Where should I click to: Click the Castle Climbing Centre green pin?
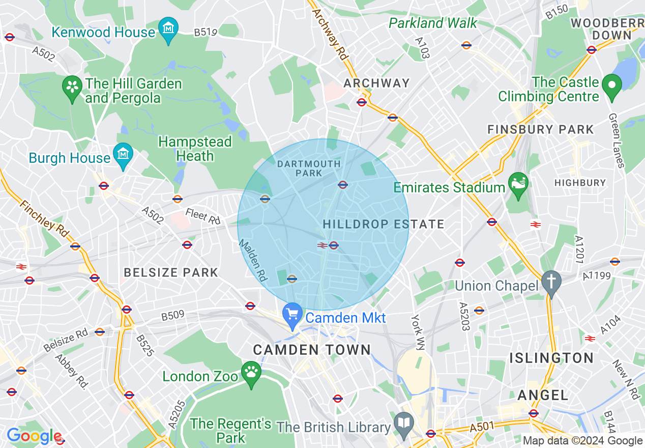click(612, 88)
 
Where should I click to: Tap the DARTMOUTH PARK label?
click(309, 169)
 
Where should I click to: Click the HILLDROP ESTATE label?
click(384, 224)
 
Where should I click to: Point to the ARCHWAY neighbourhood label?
click(376, 83)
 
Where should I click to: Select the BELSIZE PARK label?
click(171, 272)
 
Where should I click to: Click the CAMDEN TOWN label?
click(312, 350)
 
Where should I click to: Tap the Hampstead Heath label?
click(195, 149)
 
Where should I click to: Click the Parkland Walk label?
click(433, 23)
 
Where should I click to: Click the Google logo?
click(34, 436)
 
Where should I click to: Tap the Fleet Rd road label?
click(203, 216)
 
